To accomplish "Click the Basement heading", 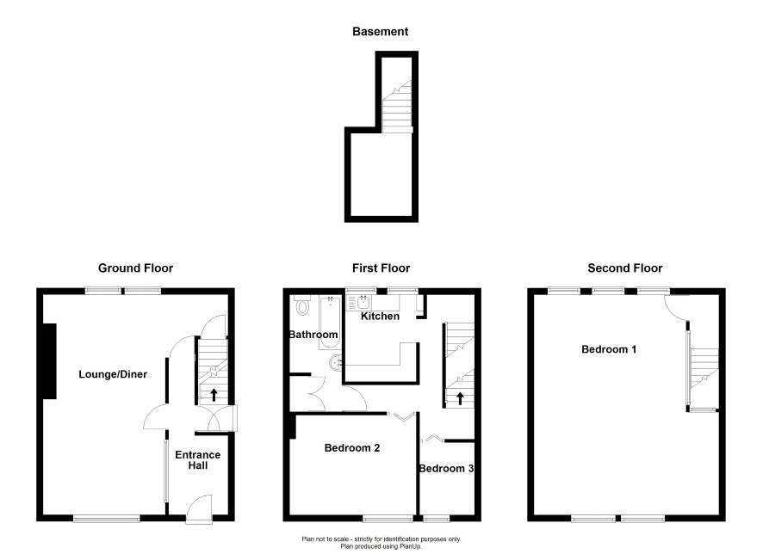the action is (x=380, y=32).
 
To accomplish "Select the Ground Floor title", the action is (x=135, y=268).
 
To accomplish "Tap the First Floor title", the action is (x=381, y=268).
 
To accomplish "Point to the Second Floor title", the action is (x=625, y=268).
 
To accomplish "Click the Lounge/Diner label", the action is (x=113, y=374).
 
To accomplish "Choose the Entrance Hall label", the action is (x=197, y=460).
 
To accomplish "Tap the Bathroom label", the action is (x=313, y=335).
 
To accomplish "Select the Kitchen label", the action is (x=380, y=317).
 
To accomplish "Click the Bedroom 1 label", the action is (x=609, y=349).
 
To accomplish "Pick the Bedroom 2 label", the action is (x=352, y=448).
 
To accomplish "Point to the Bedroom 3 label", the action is (x=446, y=469).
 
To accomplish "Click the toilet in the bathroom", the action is (x=302, y=305).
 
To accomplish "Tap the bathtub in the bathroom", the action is (x=330, y=323).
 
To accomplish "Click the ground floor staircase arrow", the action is (x=214, y=394).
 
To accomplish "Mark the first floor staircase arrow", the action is (x=460, y=398).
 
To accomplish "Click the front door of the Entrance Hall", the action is (x=200, y=508).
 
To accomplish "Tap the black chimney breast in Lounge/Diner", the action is (x=50, y=361).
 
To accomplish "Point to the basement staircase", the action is (x=397, y=107).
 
